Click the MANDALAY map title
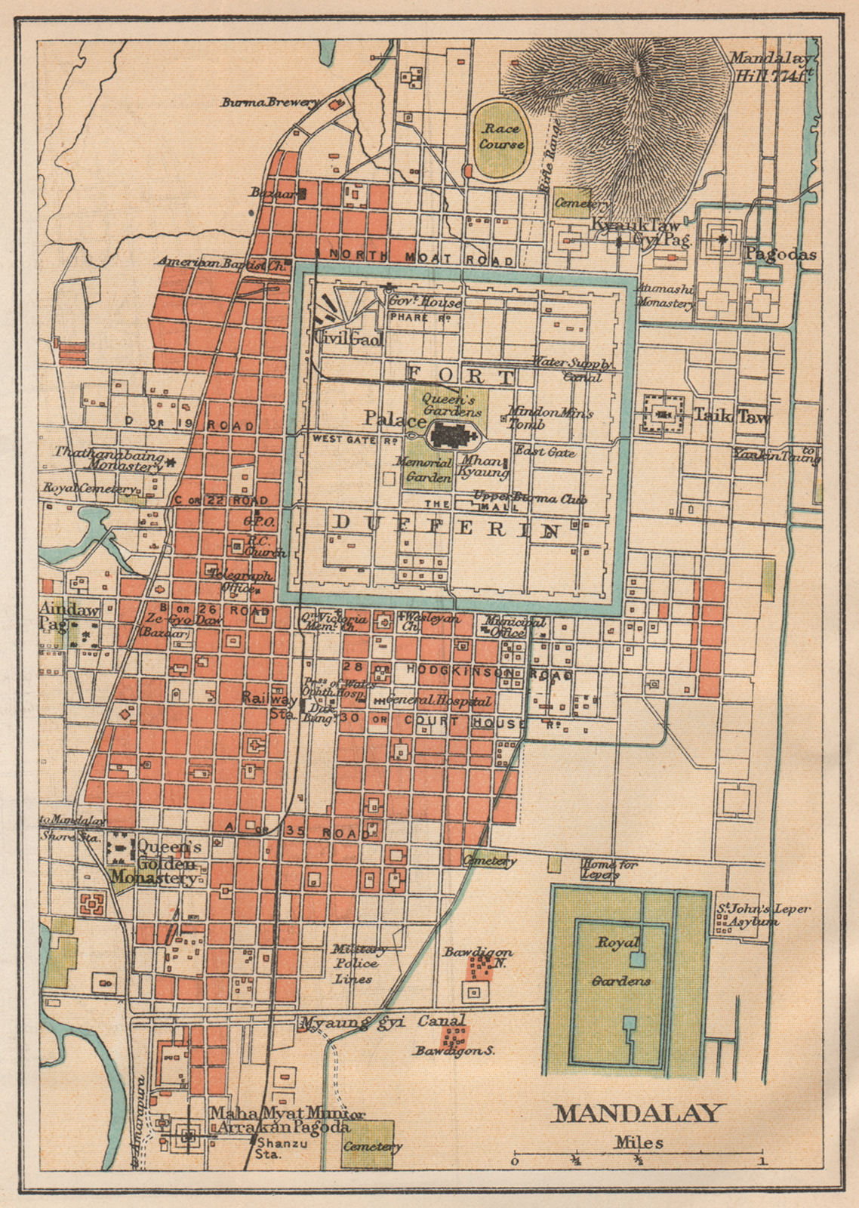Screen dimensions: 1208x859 tap(638, 1113)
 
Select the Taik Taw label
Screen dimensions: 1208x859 tap(731, 415)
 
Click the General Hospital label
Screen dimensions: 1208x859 tap(440, 701)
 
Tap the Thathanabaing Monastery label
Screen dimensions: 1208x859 tap(109, 458)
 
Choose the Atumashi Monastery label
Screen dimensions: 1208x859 tap(666, 295)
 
